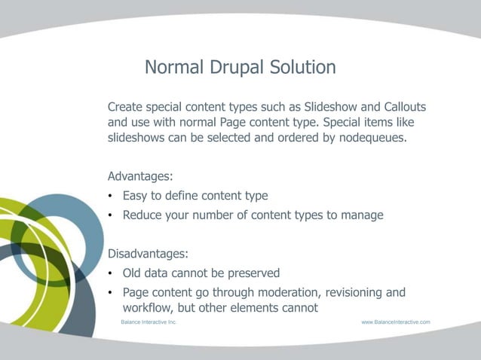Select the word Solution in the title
pos(301,67)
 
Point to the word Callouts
pos(400,106)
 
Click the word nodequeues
pos(374,139)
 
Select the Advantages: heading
pos(140,176)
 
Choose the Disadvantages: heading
pos(149,253)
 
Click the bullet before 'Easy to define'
pos(111,197)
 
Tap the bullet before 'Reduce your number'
pos(111,215)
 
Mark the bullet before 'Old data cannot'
pos(111,273)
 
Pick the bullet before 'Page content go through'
pos(111,293)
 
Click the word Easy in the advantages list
pos(136,196)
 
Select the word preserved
pos(253,273)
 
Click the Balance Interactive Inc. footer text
pos(149,322)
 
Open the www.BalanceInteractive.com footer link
pos(395,322)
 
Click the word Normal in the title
pos(174,67)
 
